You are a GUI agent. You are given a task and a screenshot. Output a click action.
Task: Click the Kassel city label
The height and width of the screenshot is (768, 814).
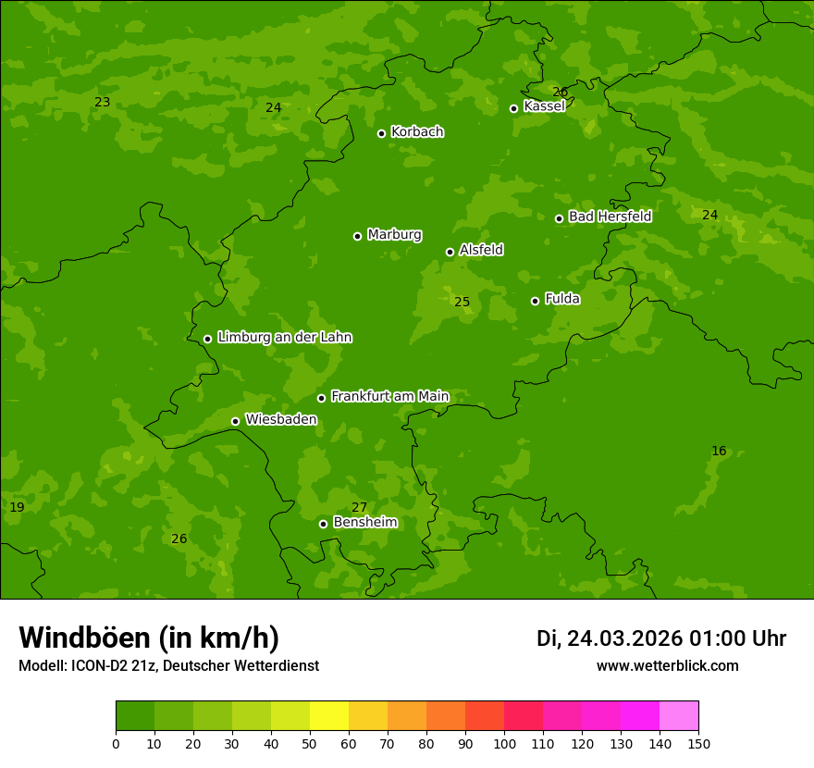(544, 106)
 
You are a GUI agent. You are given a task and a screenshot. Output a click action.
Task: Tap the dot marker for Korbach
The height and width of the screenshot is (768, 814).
(381, 133)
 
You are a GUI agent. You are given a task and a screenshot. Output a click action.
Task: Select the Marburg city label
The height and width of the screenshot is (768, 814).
(394, 235)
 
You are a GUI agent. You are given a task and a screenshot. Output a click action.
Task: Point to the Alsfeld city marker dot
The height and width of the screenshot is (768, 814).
(450, 252)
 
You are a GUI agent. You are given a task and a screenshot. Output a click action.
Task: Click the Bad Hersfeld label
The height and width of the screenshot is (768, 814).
(610, 217)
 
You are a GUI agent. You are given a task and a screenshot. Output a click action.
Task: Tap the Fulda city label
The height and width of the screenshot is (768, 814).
(562, 299)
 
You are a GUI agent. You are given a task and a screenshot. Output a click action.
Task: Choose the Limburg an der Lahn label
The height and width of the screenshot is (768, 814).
(284, 338)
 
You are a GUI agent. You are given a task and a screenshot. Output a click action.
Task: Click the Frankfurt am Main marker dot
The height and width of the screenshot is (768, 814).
(321, 398)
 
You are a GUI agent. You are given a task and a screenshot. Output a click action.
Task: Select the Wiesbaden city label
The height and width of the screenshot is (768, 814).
(280, 420)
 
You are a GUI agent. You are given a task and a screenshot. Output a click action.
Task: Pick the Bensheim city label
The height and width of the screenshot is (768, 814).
(364, 523)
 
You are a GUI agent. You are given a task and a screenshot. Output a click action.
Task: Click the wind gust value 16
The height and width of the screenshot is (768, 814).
(719, 452)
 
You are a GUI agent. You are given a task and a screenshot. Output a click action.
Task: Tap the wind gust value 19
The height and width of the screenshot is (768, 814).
(17, 508)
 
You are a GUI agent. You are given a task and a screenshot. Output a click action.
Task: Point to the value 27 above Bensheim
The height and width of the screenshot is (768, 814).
(359, 507)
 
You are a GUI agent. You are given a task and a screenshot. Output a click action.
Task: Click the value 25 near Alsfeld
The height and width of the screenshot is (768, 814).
(462, 302)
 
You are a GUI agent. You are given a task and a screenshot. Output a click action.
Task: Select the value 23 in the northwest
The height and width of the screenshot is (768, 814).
(102, 102)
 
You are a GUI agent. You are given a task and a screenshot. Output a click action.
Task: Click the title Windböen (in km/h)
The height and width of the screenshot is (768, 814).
(149, 638)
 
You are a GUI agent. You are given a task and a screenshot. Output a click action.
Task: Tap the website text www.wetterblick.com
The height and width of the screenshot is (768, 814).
(667, 666)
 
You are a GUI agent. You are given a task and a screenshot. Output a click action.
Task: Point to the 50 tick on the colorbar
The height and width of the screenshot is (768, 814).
(310, 743)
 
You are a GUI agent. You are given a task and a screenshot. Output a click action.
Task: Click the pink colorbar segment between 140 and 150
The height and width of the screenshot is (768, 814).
(679, 716)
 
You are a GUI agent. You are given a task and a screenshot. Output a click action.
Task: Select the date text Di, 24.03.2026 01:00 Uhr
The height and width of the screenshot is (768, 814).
(661, 638)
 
